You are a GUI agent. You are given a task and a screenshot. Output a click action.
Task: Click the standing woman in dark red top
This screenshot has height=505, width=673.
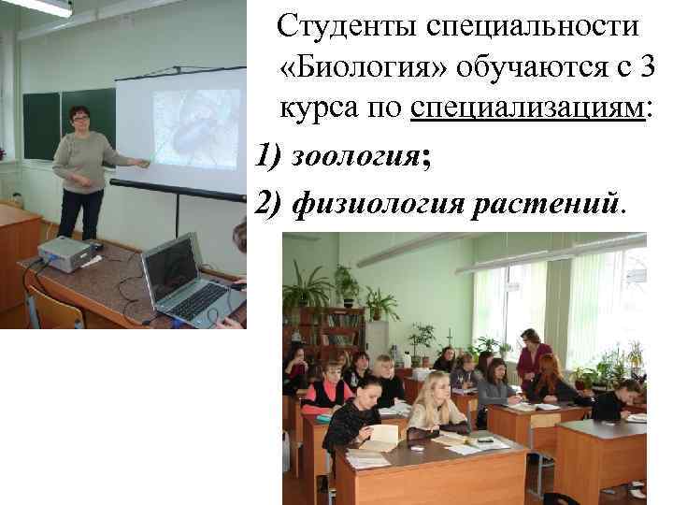tap(533, 360)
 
